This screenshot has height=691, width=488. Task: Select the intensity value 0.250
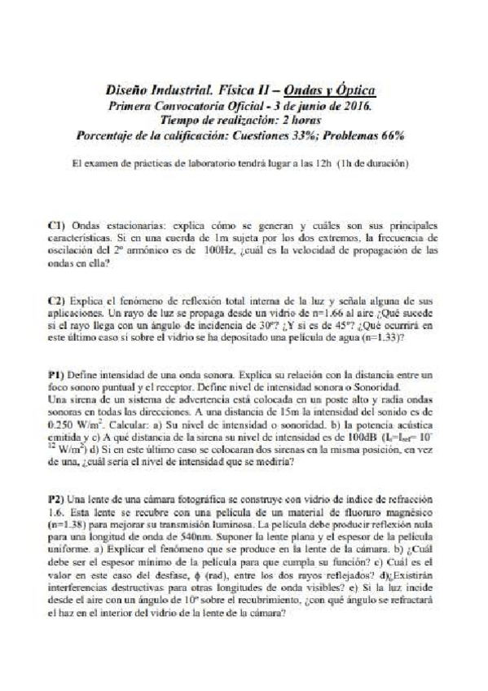(64, 425)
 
